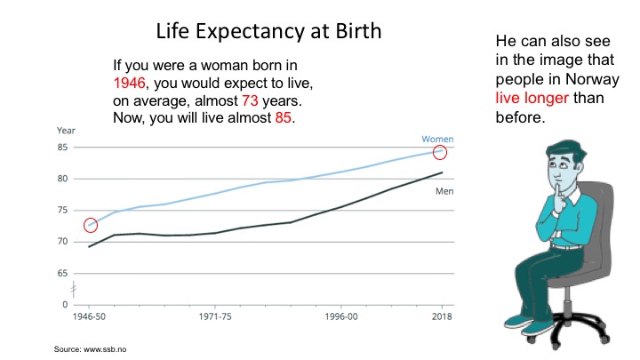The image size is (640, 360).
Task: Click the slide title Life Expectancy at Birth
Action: coord(268,31)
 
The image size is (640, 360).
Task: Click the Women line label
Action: coord(436,139)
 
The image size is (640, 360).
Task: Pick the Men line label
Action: coord(444,190)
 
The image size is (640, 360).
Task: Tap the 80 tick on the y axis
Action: coord(61,179)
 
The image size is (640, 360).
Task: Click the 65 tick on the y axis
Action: coord(61,273)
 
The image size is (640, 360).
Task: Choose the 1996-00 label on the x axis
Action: coord(341,316)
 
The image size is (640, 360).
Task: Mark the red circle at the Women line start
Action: coord(91,225)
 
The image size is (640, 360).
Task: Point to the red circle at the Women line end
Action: coord(440,153)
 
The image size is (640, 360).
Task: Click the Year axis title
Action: coord(67,131)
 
